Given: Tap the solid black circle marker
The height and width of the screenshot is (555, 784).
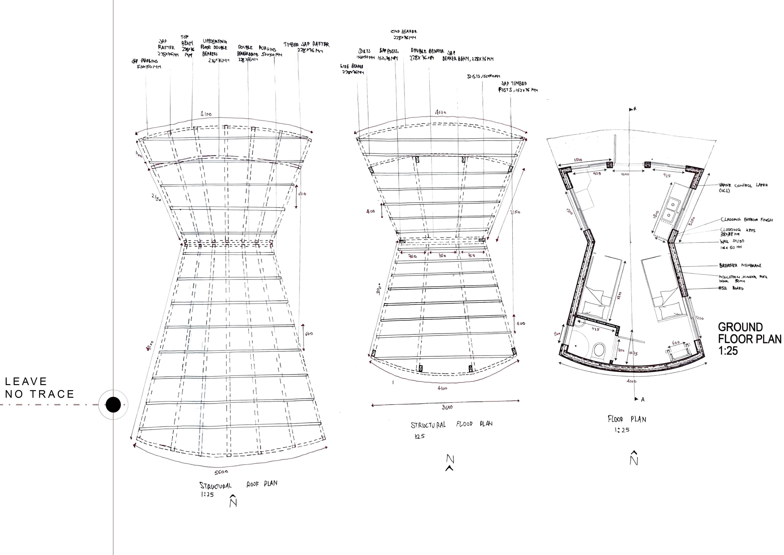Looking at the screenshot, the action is (x=113, y=405).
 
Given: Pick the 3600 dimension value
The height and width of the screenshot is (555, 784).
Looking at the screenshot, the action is (x=447, y=407).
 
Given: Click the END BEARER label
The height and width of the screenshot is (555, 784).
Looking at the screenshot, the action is (x=404, y=34).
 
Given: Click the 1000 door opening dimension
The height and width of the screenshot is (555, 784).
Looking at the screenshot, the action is (x=625, y=174).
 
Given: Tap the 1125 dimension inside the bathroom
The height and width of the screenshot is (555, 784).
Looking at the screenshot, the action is (x=595, y=329).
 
